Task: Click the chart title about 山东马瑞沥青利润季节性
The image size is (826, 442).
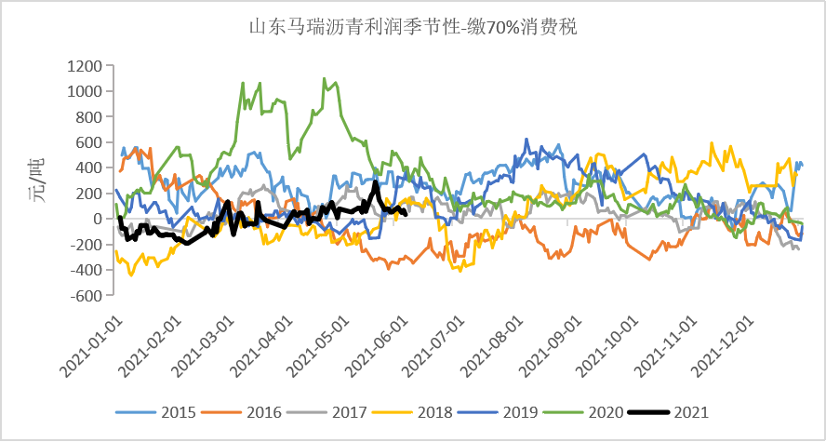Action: click(412, 27)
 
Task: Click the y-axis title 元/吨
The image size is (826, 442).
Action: click(34, 180)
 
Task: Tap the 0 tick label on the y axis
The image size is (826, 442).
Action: click(96, 220)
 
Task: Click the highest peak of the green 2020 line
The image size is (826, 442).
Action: click(324, 78)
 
